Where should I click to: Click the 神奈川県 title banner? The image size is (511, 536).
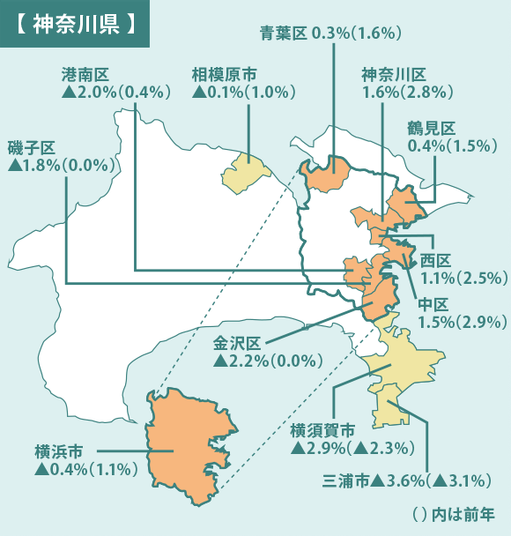tap(76, 24)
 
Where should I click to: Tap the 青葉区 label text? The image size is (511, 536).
tap(282, 33)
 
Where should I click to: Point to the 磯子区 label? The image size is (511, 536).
tap(32, 145)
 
